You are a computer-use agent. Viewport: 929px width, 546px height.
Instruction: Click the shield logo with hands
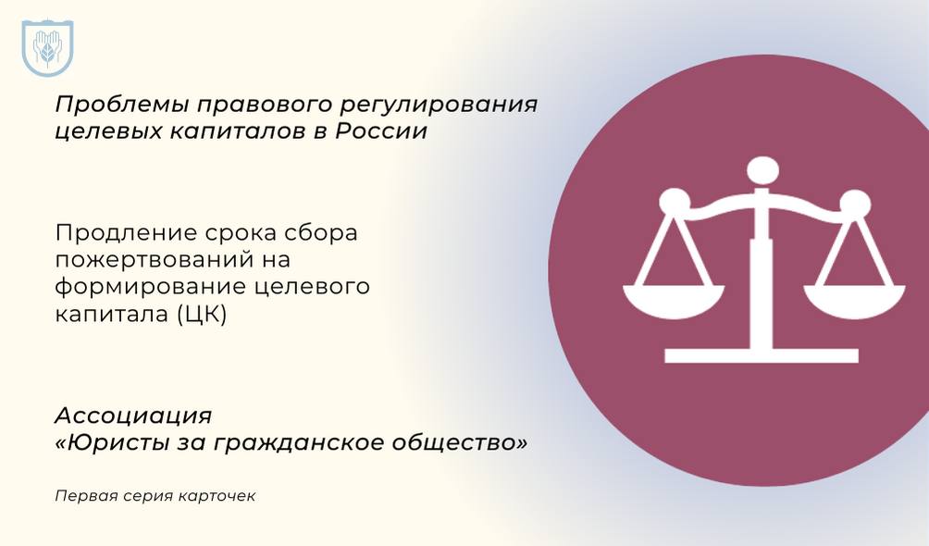click(47, 48)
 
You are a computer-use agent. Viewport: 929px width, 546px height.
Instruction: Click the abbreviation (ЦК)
click(202, 315)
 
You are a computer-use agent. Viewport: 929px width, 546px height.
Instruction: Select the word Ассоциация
click(133, 416)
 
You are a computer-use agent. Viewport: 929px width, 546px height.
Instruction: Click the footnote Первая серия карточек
click(155, 496)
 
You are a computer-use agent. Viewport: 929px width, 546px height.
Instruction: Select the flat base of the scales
click(762, 355)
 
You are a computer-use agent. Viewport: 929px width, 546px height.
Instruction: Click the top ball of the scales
click(762, 172)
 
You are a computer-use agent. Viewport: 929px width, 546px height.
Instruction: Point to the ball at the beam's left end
click(675, 204)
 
